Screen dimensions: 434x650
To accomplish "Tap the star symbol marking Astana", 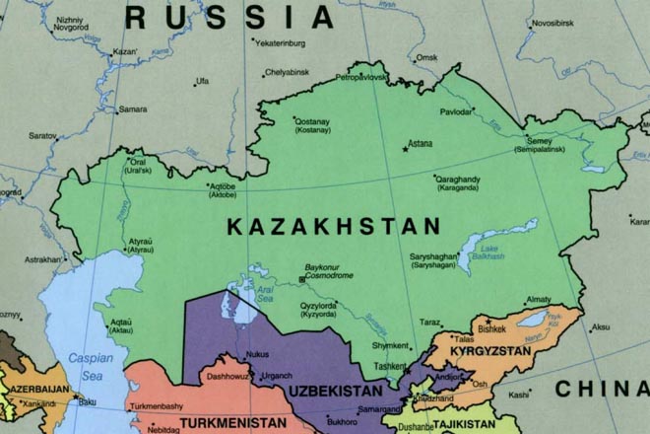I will [x=404, y=150].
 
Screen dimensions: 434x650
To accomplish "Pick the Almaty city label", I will [x=540, y=299].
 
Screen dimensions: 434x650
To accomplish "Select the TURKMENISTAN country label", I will [x=224, y=423].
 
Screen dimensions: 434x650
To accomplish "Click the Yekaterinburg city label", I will [x=287, y=44].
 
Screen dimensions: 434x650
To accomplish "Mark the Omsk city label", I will [x=427, y=57].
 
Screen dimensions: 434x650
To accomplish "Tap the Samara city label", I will [x=133, y=108].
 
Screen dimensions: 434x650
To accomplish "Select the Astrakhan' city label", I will [x=43, y=259].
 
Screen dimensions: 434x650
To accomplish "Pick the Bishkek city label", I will [x=491, y=328].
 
